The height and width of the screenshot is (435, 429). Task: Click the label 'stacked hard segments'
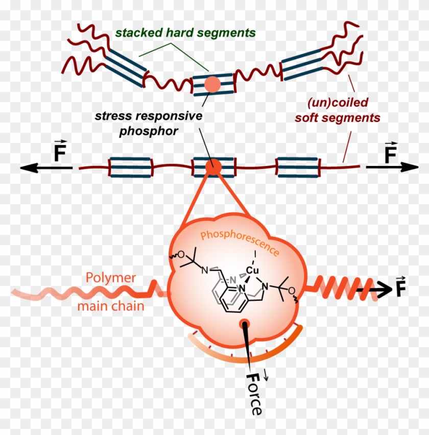click(x=185, y=33)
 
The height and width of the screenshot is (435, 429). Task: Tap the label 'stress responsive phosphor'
click(x=149, y=123)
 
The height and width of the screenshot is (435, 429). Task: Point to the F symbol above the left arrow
click(x=60, y=152)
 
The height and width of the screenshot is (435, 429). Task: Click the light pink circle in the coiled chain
click(x=212, y=84)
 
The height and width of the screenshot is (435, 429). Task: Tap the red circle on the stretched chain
click(x=214, y=166)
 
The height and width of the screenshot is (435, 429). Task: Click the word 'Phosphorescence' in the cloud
click(x=240, y=243)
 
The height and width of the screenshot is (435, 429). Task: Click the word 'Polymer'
click(x=111, y=278)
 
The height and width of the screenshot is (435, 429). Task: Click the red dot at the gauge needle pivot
click(x=246, y=323)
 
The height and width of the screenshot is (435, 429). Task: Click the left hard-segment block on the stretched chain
click(x=130, y=167)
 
